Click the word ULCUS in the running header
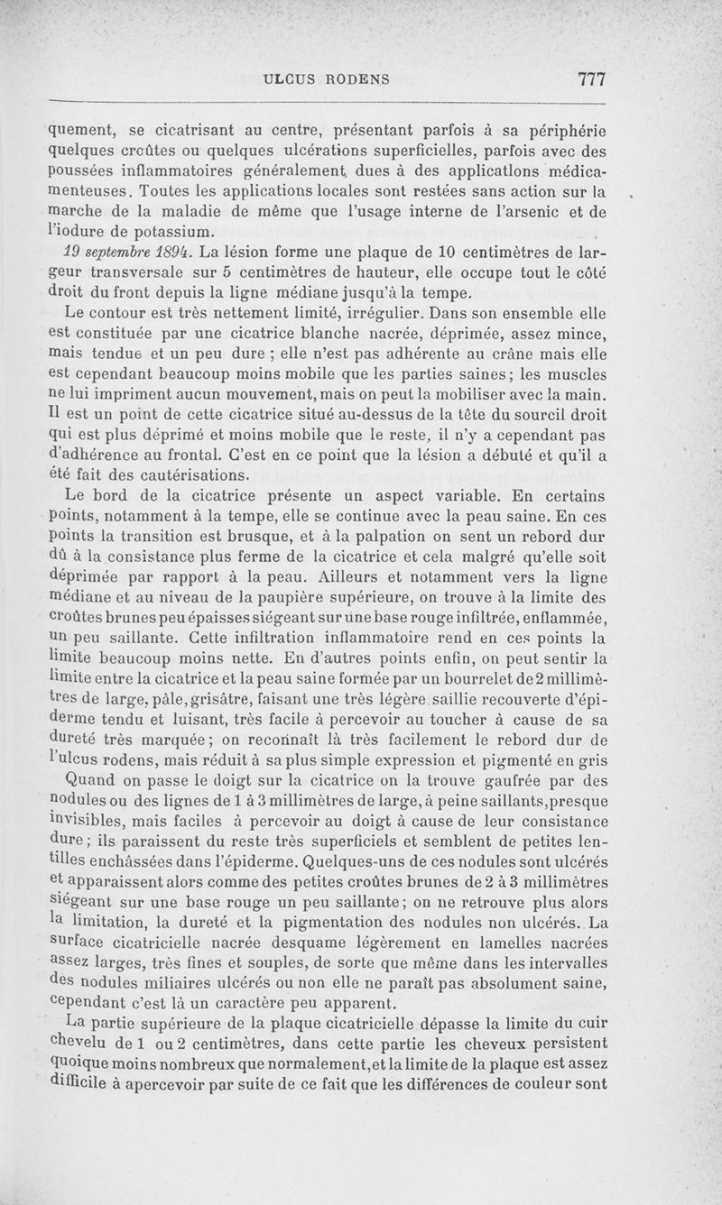289,79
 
